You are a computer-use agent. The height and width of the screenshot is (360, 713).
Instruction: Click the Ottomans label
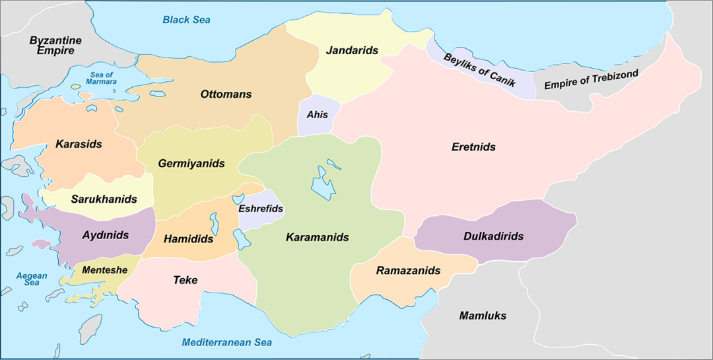pyautogui.click(x=226, y=94)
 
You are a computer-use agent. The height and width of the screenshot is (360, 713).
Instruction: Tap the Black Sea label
pyautogui.click(x=187, y=20)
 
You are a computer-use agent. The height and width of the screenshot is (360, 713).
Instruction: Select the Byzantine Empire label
pyautogui.click(x=55, y=45)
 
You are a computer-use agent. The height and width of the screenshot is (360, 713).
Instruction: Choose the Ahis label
pyautogui.click(x=317, y=114)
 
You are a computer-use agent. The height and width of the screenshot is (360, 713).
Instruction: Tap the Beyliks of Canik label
pyautogui.click(x=480, y=69)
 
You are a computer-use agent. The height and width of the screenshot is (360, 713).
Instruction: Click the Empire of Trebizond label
pyautogui.click(x=591, y=81)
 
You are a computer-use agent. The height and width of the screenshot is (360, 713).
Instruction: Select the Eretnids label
pyautogui.click(x=473, y=147)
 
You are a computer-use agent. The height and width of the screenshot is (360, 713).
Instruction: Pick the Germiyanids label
pyautogui.click(x=191, y=163)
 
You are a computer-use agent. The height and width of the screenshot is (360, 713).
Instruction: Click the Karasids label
pyautogui.click(x=79, y=144)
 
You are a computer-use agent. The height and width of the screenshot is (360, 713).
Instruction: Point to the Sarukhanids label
pyautogui.click(x=104, y=199)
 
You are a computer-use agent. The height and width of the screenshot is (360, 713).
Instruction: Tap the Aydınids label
pyautogui.click(x=106, y=235)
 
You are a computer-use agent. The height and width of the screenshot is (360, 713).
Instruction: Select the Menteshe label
pyautogui.click(x=104, y=270)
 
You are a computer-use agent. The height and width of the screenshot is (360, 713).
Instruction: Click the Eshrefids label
pyautogui.click(x=261, y=209)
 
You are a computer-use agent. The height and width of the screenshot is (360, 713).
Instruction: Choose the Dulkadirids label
pyautogui.click(x=493, y=236)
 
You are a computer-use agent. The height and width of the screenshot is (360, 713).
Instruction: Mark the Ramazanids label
pyautogui.click(x=408, y=271)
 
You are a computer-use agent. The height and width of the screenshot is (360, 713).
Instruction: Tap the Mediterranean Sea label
pyautogui.click(x=227, y=342)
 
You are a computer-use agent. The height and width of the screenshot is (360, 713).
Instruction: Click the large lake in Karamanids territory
pyautogui.click(x=323, y=182)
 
